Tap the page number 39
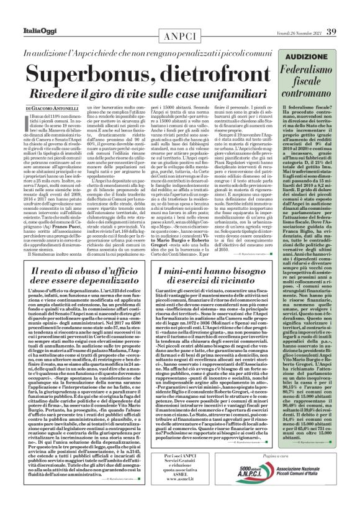click(348, 14)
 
